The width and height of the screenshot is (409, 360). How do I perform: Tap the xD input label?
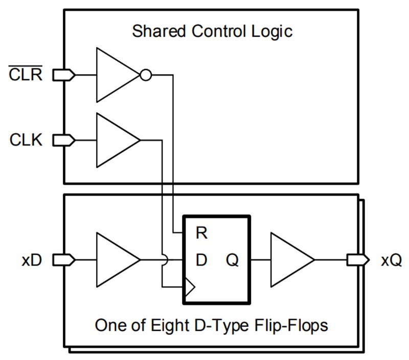pyautogui.click(x=32, y=260)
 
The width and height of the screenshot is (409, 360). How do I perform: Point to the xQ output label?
pyautogui.click(x=391, y=260)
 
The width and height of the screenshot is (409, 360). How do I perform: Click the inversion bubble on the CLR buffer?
pyautogui.click(x=146, y=76)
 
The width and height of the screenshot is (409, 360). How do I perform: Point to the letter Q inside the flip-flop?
pyautogui.click(x=233, y=260)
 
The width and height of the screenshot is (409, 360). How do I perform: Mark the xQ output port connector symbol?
pyautogui.click(x=357, y=260)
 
